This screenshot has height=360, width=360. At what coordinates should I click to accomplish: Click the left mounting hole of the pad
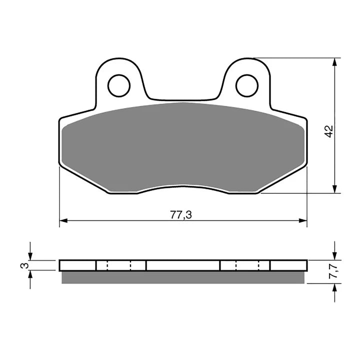coord(119,85)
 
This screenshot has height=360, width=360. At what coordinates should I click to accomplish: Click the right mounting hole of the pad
coord(247,85)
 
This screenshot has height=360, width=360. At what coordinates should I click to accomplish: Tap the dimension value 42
coord(328,131)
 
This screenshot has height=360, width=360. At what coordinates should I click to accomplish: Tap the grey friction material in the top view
coord(183,145)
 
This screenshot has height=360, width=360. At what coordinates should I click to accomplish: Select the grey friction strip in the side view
coord(183,277)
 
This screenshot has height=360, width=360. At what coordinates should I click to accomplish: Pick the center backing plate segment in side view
coord(183,265)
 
